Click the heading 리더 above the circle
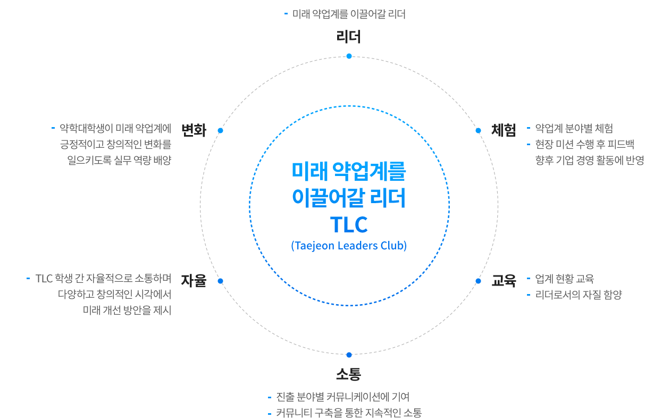[348, 37]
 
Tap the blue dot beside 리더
[349, 56]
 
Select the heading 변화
[194, 130]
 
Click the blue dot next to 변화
[221, 130]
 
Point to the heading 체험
[504, 130]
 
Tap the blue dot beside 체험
[478, 130]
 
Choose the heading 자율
[194, 281]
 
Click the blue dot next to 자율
[221, 281]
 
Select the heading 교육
[504, 281]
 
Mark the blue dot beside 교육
[478, 281]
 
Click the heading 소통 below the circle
[348, 374]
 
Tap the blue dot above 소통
[349, 355]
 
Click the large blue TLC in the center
[349, 224]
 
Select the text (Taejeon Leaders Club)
[349, 246]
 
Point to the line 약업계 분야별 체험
[574, 128]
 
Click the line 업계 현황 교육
[564, 279]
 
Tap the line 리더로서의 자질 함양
[579, 295]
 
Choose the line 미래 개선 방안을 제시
[127, 310]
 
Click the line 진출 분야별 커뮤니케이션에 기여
[342, 397]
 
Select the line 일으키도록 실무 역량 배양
[119, 160]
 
